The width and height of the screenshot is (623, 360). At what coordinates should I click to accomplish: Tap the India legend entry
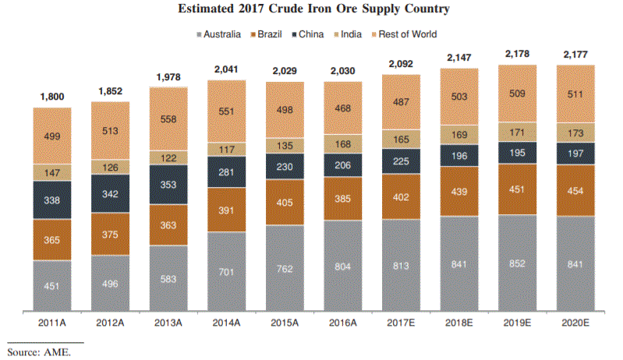point(355,34)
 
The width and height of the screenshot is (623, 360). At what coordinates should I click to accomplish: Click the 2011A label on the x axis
point(53,320)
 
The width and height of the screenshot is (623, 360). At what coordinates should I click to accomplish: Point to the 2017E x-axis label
point(401,320)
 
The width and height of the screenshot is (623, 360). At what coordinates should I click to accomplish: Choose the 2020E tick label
point(575,320)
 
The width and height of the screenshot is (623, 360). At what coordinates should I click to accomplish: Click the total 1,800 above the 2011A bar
point(53,97)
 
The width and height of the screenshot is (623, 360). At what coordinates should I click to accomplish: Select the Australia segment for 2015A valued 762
point(285,269)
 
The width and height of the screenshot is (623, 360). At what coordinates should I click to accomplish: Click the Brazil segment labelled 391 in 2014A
point(227,210)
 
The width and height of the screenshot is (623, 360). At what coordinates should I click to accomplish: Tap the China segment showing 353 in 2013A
point(169,185)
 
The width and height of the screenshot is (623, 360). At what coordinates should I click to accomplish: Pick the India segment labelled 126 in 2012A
point(111,167)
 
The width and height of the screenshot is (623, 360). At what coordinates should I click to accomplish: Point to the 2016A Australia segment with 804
point(342,266)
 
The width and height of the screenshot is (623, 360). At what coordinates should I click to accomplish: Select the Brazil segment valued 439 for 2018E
point(458,192)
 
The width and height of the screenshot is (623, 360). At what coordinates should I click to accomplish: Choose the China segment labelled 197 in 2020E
point(575,154)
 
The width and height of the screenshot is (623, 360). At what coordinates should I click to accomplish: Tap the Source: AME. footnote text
point(38,352)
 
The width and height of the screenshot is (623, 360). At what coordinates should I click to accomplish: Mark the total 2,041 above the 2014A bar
point(227,70)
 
